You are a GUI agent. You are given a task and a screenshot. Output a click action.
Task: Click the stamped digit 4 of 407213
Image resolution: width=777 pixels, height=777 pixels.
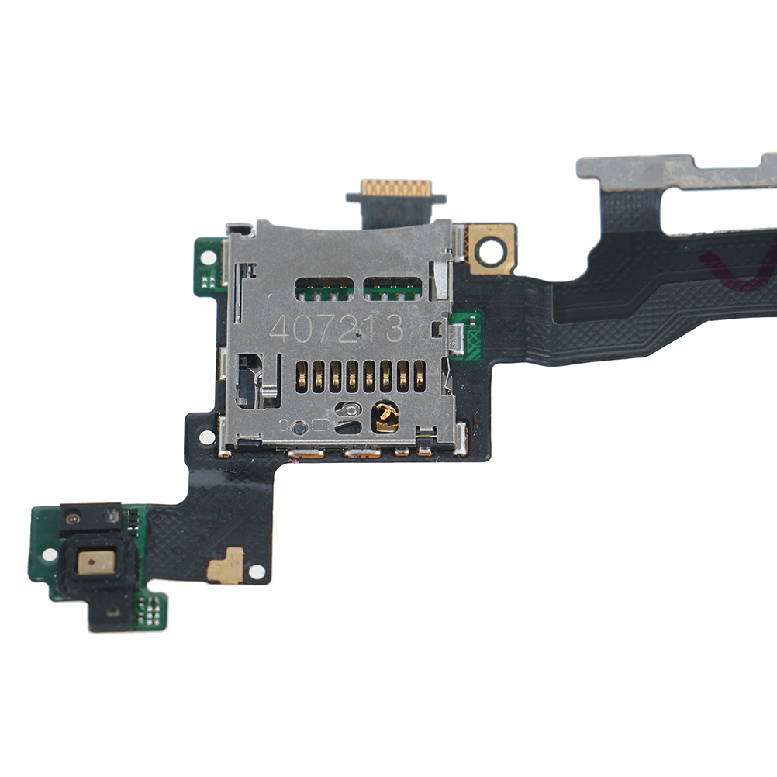click(x=279, y=329)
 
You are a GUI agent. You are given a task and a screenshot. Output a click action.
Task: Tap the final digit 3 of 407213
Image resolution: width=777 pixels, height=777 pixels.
click(x=394, y=328)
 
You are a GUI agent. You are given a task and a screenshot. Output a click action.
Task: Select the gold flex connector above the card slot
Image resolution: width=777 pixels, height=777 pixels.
click(x=396, y=188)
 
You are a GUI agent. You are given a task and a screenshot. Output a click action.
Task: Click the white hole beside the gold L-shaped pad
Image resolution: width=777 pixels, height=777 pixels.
click(x=257, y=572)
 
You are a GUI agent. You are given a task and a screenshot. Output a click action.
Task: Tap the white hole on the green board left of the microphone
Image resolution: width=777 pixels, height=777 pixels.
click(x=49, y=554)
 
